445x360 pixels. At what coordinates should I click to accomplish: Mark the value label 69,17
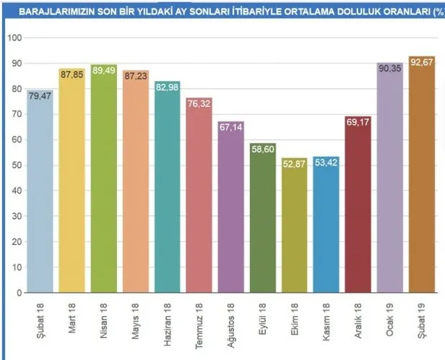click(358, 121)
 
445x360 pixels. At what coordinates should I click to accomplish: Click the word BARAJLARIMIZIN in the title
click(55, 12)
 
